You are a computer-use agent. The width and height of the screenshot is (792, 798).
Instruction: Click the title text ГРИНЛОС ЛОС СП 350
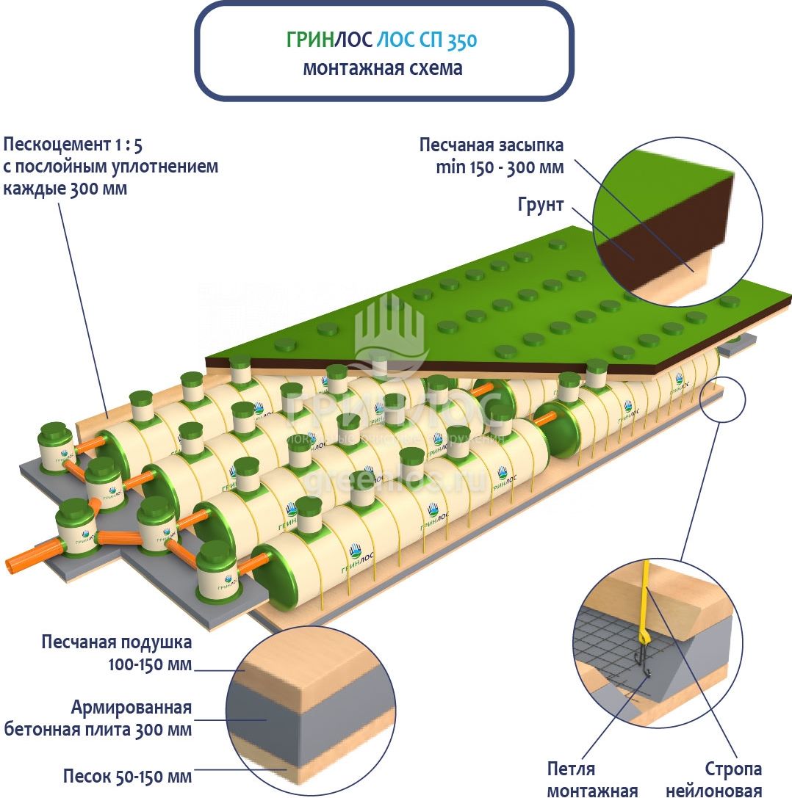[381, 40]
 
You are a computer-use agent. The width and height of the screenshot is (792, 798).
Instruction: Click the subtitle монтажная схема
[383, 69]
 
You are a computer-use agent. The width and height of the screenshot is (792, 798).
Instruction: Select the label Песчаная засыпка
[492, 145]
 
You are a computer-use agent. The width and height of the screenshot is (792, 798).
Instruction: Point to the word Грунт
[540, 205]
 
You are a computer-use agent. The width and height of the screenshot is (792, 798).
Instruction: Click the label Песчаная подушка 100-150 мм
[117, 653]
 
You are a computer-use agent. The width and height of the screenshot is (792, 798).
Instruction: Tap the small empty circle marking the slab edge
[723, 400]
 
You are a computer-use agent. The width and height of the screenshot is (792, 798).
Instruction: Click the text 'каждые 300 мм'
[65, 189]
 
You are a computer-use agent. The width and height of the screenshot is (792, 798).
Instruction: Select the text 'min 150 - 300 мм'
[500, 167]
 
